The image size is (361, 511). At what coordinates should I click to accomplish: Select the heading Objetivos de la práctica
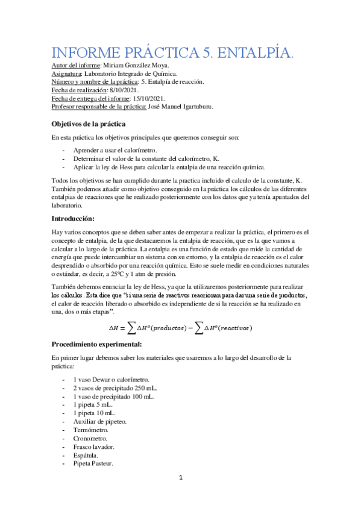coord(88,124)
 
